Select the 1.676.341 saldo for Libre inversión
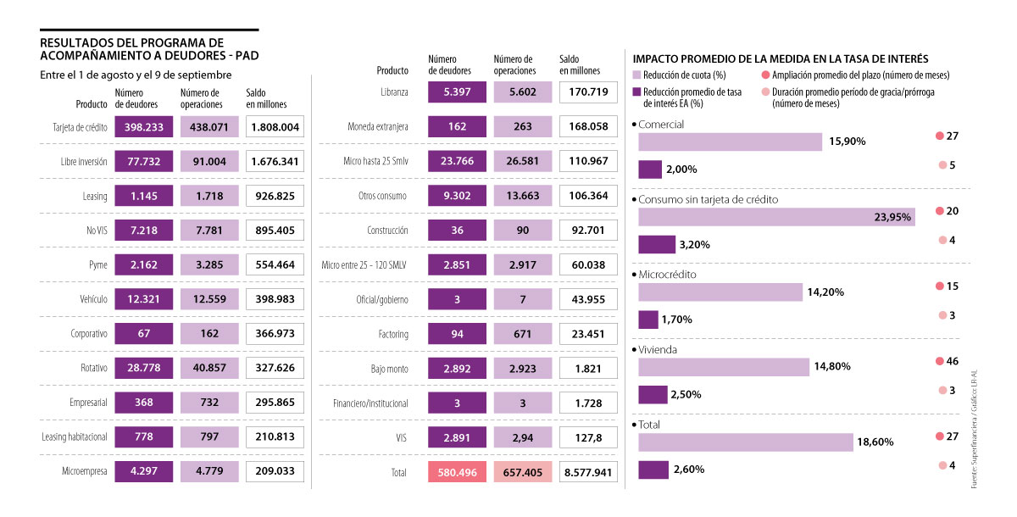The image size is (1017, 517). [x=275, y=162]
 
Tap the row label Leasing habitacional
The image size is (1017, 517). [x=75, y=436]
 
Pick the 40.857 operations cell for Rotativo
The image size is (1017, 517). [x=209, y=368]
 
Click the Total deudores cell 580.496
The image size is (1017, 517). [x=458, y=472]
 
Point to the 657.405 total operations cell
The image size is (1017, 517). [x=523, y=472]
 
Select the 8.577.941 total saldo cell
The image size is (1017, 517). [x=588, y=472]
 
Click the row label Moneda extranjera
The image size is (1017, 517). [x=378, y=127]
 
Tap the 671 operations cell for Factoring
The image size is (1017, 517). [x=523, y=334]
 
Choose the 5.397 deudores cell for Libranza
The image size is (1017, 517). [x=458, y=92]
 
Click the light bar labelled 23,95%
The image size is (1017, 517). [x=775, y=217]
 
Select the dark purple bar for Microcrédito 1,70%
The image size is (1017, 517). [x=647, y=320]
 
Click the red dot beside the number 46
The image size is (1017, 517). [x=939, y=361]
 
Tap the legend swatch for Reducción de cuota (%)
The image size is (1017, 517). [x=637, y=75]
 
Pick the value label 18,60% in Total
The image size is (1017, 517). [x=876, y=442]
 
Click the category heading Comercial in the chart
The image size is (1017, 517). [x=661, y=124]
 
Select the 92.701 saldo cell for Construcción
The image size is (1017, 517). [x=588, y=231]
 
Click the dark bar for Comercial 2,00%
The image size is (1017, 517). [x=649, y=169]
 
